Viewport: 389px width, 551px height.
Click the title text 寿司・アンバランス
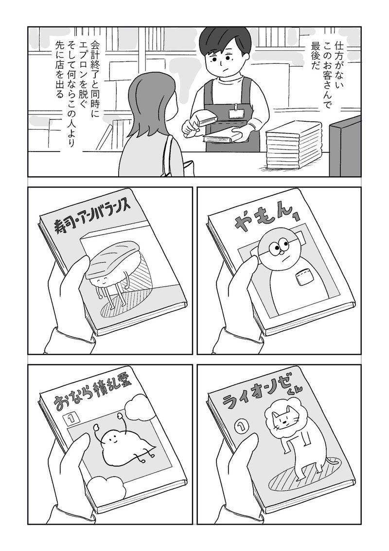[93, 215]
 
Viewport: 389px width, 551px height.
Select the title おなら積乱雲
[94, 397]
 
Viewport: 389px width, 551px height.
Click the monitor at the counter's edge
[345, 148]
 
